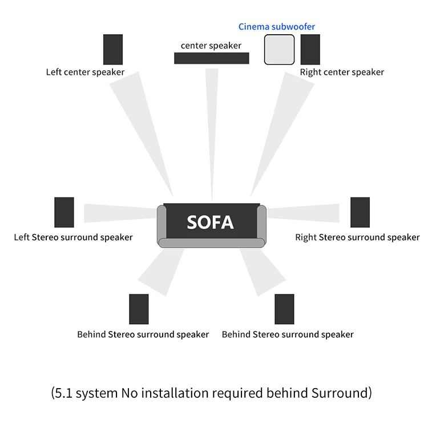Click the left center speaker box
[x=113, y=50]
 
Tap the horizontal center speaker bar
[x=211, y=58]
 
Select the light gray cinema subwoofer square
[x=279, y=50]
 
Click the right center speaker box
[x=310, y=50]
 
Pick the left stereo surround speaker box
[x=64, y=212]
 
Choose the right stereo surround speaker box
[x=360, y=212]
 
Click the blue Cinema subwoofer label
[x=277, y=26]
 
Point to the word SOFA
[x=210, y=222]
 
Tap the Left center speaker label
[x=85, y=72]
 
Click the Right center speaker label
[x=342, y=72]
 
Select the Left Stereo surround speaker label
[x=73, y=237]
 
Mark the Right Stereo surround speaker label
[x=357, y=237]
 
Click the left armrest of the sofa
[x=161, y=223]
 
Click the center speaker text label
[x=211, y=46]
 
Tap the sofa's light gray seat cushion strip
[x=211, y=243]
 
